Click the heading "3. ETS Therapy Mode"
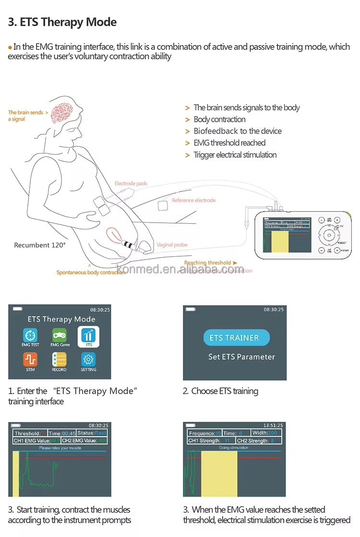[x=62, y=22]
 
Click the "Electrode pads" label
[x=131, y=183]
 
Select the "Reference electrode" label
[x=193, y=200]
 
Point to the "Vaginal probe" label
[x=172, y=245]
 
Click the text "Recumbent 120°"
[x=40, y=245]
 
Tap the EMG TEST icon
[x=30, y=335]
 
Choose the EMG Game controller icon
[x=60, y=335]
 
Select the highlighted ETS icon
[x=88, y=335]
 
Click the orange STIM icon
[x=30, y=360]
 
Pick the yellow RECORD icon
[x=60, y=360]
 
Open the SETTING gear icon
[x=88, y=360]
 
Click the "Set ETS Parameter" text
[x=241, y=357]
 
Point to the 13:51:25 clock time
[x=273, y=425]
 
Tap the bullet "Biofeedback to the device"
[x=238, y=131]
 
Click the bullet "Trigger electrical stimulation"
[x=235, y=155]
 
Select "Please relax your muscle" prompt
[x=60, y=448]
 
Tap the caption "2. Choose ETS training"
[x=220, y=391]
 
